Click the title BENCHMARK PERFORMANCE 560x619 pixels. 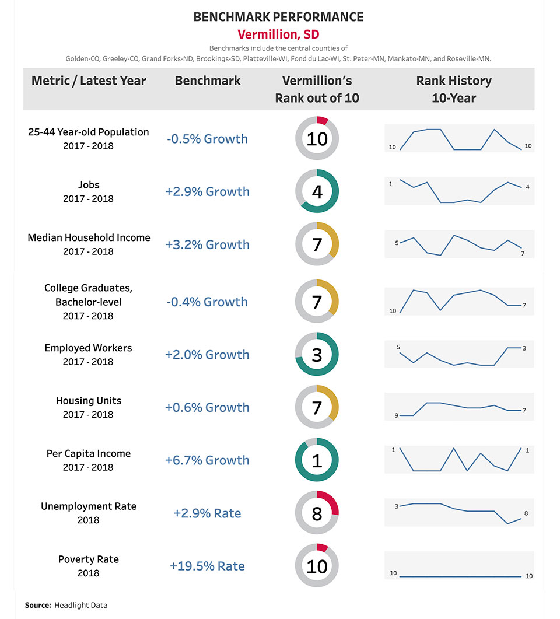click(x=279, y=17)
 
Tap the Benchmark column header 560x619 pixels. click(x=208, y=81)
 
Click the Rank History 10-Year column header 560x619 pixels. click(x=454, y=89)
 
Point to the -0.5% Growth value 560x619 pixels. click(x=206, y=139)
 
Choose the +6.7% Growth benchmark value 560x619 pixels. click(x=207, y=460)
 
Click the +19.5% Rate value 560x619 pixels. click(x=207, y=566)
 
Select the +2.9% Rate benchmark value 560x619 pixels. click(x=207, y=513)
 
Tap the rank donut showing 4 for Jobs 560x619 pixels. click(x=317, y=191)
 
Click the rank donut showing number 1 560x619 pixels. click(x=317, y=460)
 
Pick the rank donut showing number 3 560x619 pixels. click(x=317, y=355)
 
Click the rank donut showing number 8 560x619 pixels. click(x=317, y=513)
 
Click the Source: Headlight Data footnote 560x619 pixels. click(x=66, y=605)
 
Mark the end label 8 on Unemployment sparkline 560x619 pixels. click(x=526, y=513)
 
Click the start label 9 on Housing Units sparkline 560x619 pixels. click(x=396, y=415)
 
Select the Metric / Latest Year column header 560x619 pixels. click(x=89, y=81)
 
